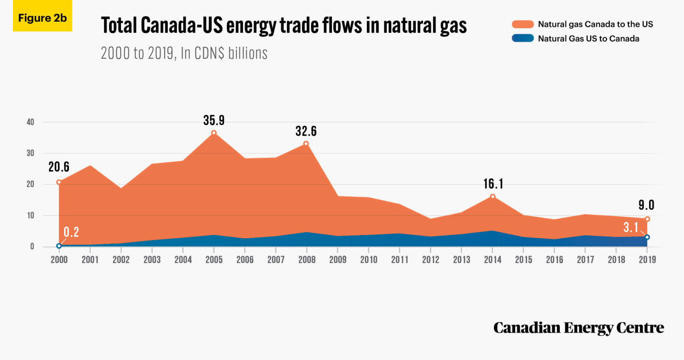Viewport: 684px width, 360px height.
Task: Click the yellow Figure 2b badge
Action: point(42,16)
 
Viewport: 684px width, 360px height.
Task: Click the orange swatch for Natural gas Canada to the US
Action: point(523,24)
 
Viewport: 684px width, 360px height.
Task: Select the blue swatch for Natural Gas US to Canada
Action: point(523,38)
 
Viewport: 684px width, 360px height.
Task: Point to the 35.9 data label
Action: point(214,120)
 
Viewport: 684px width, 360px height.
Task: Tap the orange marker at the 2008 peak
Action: point(306,144)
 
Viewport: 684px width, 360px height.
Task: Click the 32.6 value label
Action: point(306,131)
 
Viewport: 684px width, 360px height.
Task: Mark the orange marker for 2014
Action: point(493,196)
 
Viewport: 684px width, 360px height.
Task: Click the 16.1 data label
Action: point(493,184)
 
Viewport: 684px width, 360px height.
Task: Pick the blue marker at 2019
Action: point(647,237)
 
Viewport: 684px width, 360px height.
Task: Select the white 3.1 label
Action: point(631,227)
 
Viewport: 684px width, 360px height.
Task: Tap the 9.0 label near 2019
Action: point(646,205)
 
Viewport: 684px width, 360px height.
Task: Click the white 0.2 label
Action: point(71,232)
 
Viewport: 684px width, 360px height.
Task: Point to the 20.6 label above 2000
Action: point(59,167)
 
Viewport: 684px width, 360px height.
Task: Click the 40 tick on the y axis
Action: point(30,122)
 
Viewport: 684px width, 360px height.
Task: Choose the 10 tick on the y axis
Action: point(31,215)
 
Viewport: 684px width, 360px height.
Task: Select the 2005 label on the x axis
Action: point(214,259)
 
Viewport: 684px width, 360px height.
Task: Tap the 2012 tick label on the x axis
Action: point(430,259)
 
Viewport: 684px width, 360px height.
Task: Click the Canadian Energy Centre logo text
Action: point(579,327)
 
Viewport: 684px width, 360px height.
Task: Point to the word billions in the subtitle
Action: point(248,53)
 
